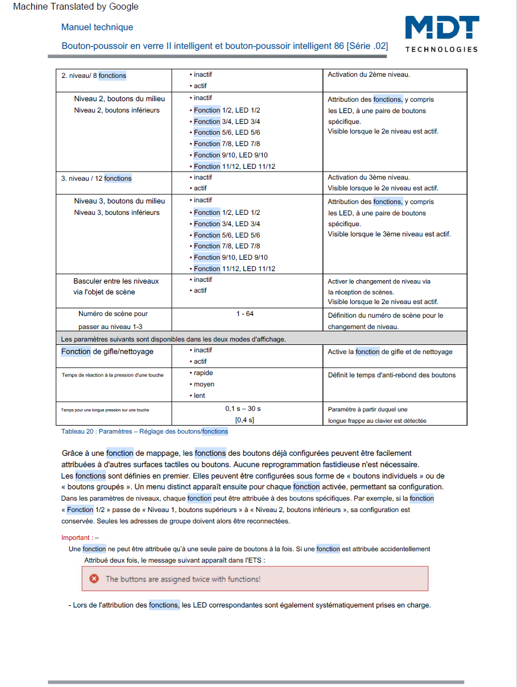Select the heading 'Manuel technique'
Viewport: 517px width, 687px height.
point(97,27)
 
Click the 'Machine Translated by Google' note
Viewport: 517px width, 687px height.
point(76,7)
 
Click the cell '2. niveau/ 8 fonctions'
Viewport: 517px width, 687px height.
point(94,75)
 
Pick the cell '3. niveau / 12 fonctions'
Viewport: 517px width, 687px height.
point(96,178)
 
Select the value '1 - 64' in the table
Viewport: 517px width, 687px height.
point(245,314)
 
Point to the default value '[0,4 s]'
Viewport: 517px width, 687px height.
point(245,420)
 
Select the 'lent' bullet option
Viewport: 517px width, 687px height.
point(199,395)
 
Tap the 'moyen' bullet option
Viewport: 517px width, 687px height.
point(204,385)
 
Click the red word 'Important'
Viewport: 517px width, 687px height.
point(76,538)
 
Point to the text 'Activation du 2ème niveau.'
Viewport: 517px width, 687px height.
point(369,74)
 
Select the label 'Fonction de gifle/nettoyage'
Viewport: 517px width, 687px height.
point(107,352)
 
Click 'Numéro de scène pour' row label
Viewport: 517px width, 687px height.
point(113,314)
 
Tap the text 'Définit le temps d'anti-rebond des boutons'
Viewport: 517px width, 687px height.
point(392,375)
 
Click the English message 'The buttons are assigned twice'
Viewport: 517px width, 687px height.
point(183,579)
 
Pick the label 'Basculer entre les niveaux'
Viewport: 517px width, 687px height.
point(116,281)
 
